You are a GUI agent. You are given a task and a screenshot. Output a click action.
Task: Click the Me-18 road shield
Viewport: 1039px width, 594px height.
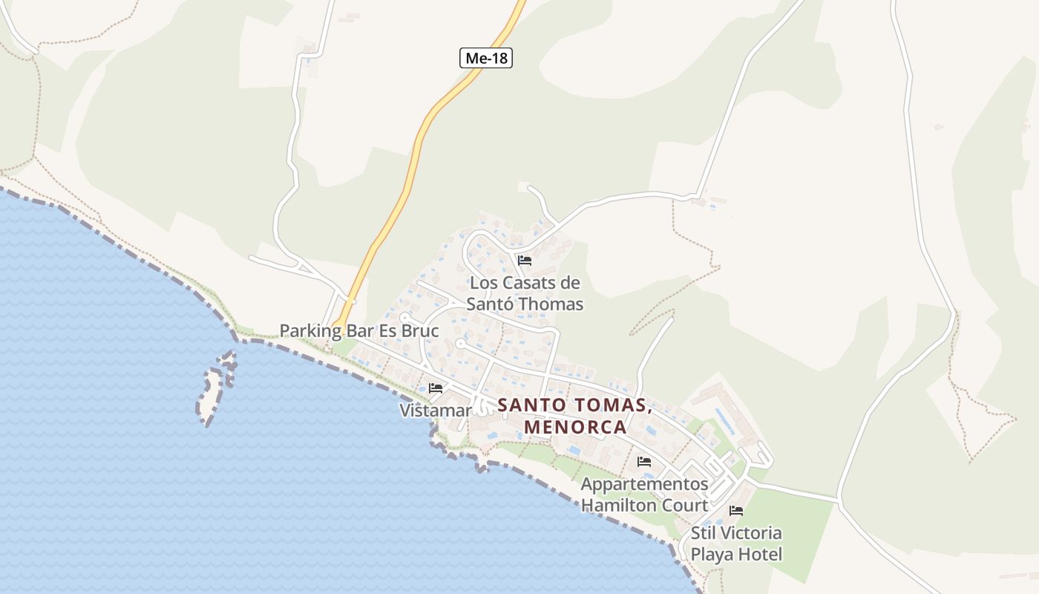click(486, 58)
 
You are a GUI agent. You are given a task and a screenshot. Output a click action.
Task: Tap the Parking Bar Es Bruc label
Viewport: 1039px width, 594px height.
click(359, 330)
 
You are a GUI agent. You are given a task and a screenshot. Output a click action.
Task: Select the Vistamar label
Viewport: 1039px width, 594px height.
click(435, 411)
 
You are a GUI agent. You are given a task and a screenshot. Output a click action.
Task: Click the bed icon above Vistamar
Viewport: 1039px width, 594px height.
click(436, 388)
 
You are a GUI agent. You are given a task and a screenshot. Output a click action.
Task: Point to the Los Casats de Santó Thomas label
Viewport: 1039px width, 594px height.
click(525, 293)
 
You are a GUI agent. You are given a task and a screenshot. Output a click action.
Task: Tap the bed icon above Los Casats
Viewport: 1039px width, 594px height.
click(525, 261)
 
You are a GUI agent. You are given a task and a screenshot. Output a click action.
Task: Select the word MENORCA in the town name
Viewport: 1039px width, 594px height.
click(575, 428)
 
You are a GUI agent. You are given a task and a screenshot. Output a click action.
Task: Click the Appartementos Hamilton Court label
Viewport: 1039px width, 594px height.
click(644, 495)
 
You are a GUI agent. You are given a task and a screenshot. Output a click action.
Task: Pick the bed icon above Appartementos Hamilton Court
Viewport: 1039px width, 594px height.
click(644, 462)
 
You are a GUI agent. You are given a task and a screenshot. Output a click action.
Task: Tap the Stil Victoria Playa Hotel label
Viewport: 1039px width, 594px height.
click(736, 544)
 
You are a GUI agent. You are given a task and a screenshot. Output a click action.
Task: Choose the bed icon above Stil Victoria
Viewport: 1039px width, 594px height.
click(736, 511)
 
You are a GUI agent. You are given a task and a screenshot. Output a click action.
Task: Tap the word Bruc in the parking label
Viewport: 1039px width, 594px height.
click(420, 330)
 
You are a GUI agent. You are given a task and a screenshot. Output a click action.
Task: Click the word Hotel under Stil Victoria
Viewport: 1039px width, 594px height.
click(758, 555)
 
